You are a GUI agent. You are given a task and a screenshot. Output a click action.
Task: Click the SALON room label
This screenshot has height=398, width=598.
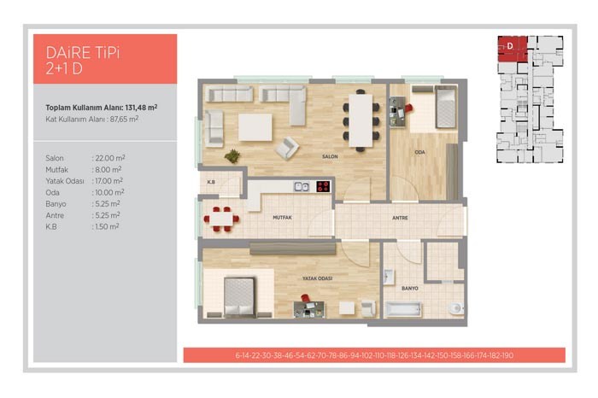point(330,156)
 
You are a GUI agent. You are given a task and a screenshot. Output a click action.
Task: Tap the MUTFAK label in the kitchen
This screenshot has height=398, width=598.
point(282,217)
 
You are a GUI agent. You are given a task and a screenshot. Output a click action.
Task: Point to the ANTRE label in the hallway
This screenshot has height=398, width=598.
point(400,218)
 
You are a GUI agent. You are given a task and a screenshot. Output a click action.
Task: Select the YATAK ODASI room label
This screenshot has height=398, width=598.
point(317,278)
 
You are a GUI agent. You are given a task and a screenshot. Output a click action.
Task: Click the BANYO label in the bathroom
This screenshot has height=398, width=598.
point(410,288)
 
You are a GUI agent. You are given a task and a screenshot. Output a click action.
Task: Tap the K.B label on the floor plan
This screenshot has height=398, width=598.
point(211,182)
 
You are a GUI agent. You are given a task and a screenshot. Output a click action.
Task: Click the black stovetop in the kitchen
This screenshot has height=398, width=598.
point(323,186)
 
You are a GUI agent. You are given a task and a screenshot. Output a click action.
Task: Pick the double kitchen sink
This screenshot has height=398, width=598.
point(302,186)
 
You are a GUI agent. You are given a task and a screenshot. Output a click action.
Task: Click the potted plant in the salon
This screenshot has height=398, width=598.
point(232,155)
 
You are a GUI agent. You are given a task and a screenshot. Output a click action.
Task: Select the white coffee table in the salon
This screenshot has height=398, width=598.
point(255,127)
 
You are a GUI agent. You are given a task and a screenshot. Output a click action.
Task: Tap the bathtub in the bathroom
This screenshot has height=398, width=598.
point(403,309)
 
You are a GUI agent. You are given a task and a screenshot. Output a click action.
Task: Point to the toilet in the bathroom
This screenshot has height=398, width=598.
point(456,308)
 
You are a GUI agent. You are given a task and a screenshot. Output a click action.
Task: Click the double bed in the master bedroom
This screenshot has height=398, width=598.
point(239,296)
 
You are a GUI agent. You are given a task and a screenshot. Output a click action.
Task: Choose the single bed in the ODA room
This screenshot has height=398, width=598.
point(446,107)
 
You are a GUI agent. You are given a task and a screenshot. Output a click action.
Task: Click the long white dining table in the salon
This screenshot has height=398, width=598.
point(361,120)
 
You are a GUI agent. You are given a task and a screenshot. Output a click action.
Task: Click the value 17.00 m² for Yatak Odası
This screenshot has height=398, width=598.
point(108,181)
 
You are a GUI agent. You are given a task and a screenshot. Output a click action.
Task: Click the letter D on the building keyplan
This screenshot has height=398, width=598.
point(510,46)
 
